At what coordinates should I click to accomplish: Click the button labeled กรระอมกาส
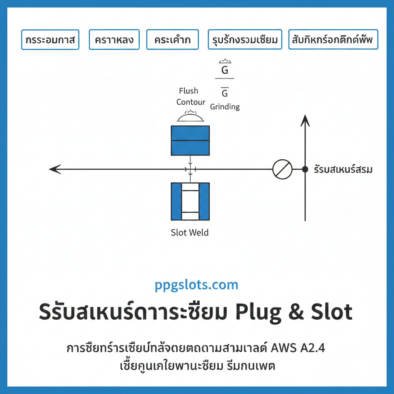[x=50, y=40]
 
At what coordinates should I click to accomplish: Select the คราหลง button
[x=114, y=40]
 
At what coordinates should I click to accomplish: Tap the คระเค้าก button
[x=172, y=40]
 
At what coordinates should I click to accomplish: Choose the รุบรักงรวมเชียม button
[x=245, y=40]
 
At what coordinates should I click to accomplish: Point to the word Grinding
[x=225, y=107]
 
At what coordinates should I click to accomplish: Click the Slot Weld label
[x=190, y=232]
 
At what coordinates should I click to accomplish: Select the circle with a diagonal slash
[x=282, y=169]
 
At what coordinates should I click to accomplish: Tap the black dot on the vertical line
[x=305, y=169]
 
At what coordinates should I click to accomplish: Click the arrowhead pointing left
[x=55, y=169]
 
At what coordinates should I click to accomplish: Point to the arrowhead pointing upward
[x=305, y=120]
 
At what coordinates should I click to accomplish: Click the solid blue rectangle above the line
[x=190, y=140]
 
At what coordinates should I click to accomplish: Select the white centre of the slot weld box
[x=190, y=201]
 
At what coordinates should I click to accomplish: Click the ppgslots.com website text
[x=197, y=285]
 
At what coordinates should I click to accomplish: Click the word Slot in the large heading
[x=330, y=312]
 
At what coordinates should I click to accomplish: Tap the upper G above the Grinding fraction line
[x=225, y=70]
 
